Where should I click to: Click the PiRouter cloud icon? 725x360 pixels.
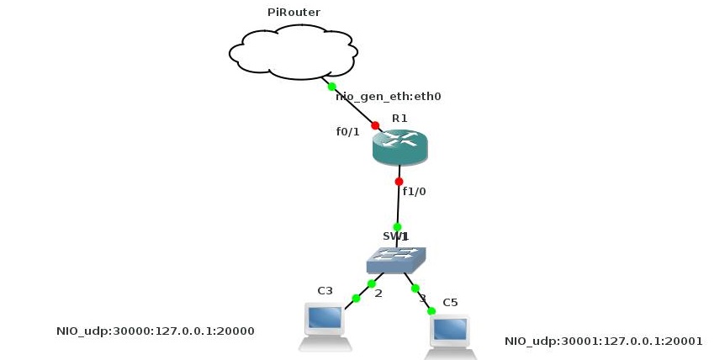(x=291, y=53)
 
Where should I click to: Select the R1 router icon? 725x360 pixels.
(x=400, y=148)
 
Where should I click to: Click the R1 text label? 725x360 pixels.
(x=400, y=118)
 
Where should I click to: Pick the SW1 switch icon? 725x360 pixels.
(x=396, y=260)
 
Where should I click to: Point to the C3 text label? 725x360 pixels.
(x=325, y=291)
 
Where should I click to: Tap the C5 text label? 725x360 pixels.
(x=450, y=302)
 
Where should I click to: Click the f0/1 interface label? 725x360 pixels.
(x=348, y=131)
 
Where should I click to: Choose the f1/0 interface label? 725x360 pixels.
(x=415, y=191)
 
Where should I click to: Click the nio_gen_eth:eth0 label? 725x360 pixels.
(x=389, y=97)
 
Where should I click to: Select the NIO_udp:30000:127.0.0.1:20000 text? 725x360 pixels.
(x=155, y=331)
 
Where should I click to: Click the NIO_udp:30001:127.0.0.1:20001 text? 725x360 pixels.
(x=603, y=341)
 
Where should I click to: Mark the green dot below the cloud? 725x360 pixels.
(x=331, y=87)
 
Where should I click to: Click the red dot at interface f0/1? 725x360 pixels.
(x=375, y=125)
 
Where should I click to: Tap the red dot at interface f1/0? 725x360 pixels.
(x=399, y=181)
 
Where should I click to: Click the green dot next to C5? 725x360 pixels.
(x=431, y=311)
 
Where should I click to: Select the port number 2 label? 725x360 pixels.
(x=378, y=294)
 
